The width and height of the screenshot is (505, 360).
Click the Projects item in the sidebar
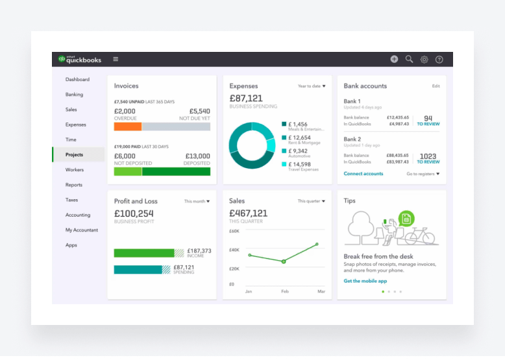(74, 155)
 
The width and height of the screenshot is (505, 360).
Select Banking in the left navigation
(74, 95)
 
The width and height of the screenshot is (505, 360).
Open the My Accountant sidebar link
(82, 230)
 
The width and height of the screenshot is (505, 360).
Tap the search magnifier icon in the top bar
(409, 59)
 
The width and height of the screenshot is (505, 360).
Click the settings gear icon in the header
(424, 59)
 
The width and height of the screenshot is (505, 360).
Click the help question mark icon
(439, 59)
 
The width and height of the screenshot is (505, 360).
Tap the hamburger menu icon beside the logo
(116, 59)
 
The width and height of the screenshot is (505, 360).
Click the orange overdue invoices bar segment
(128, 126)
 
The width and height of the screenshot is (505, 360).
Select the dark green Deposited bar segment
(176, 172)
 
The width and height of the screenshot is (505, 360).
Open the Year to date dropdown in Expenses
(312, 86)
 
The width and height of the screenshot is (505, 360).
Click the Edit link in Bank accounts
(436, 86)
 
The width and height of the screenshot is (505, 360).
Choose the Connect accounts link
(363, 174)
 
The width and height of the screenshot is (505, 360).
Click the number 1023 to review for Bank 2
(428, 156)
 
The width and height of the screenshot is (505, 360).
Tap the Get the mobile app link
(365, 281)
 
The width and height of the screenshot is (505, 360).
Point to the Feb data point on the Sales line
(283, 261)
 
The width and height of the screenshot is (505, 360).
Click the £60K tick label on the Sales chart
(234, 231)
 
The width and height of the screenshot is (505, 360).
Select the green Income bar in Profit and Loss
(144, 253)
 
